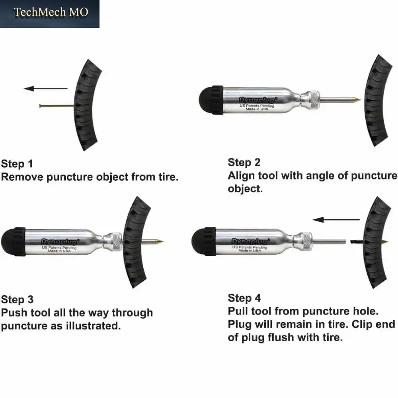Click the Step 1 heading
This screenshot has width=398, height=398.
(x=17, y=164)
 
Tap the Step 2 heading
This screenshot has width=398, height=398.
(x=244, y=162)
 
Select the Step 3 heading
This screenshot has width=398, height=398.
(x=17, y=300)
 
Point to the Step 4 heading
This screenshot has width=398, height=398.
(x=244, y=298)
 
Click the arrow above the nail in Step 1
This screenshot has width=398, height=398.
(x=45, y=89)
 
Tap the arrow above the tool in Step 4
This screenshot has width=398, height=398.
(x=336, y=220)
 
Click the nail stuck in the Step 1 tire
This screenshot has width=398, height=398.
(x=57, y=106)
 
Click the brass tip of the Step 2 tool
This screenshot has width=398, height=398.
(x=357, y=99)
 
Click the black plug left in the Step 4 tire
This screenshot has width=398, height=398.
(x=357, y=242)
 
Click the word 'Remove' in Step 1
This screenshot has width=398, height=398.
(x=22, y=177)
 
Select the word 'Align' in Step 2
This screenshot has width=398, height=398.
(x=241, y=176)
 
